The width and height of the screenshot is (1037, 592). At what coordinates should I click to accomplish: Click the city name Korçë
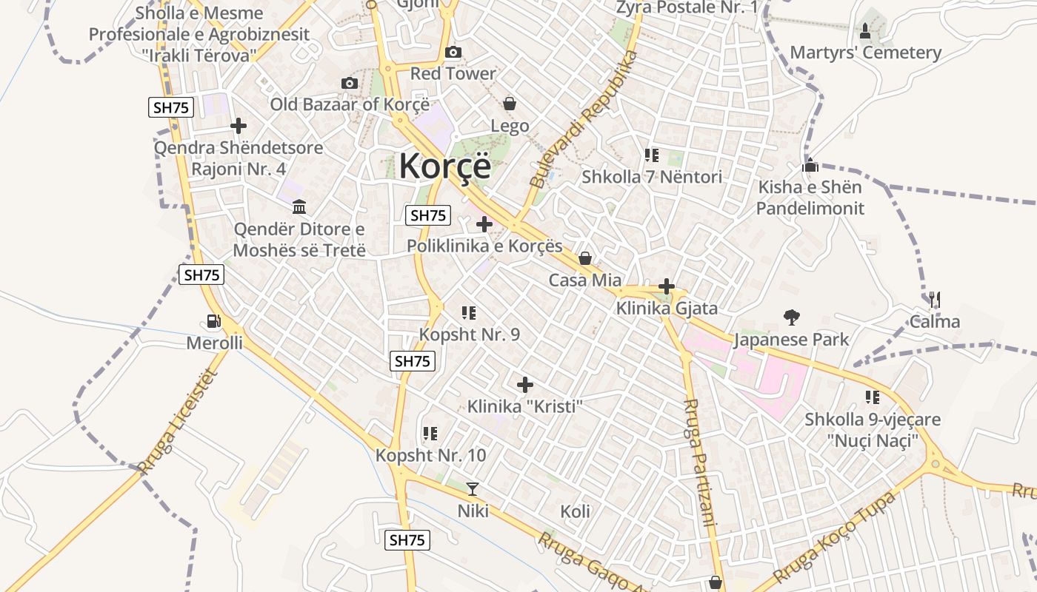(444, 166)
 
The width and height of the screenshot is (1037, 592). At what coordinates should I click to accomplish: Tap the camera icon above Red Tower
(453, 52)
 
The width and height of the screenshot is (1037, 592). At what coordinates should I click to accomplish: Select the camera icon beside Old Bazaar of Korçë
(350, 83)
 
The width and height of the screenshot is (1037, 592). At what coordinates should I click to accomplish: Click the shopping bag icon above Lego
(510, 103)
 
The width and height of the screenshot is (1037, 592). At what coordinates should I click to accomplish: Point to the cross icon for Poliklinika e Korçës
(484, 223)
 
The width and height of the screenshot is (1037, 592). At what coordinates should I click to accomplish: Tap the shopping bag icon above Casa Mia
(585, 258)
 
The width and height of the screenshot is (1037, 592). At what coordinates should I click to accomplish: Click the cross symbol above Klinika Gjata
(667, 286)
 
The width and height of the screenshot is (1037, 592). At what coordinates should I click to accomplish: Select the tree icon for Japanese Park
(791, 318)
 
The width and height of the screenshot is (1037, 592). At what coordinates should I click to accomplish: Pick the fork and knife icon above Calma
(935, 300)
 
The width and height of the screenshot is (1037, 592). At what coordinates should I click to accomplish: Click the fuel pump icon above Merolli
(214, 321)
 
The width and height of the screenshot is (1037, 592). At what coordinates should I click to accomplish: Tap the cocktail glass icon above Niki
(473, 488)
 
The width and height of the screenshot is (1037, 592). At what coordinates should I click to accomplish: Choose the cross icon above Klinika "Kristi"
(525, 385)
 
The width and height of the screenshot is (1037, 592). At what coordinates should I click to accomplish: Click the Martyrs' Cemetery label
(865, 53)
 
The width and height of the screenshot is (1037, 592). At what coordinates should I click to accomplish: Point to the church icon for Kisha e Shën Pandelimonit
(810, 165)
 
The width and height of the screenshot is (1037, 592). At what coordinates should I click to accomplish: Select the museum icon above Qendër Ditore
(299, 206)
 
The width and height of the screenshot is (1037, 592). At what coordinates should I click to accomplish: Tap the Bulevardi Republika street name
(584, 118)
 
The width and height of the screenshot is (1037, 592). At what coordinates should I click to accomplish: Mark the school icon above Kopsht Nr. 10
(430, 434)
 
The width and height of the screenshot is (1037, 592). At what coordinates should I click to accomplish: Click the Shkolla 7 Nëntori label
(651, 177)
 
